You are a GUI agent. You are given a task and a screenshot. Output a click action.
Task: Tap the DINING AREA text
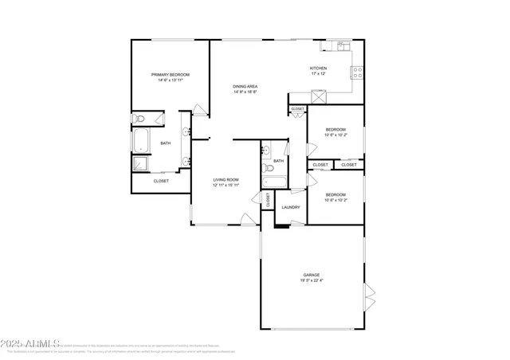245,86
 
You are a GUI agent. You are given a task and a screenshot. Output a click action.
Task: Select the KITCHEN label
319,68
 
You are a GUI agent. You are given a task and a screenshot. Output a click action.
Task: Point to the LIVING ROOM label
226,180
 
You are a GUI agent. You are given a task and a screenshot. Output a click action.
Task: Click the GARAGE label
311,275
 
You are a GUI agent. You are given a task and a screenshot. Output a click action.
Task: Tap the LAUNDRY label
290,207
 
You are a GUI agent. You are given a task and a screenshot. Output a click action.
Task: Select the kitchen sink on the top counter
345,46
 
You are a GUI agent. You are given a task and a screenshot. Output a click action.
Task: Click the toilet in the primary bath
139,119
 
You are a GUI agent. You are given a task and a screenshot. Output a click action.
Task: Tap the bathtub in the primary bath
140,140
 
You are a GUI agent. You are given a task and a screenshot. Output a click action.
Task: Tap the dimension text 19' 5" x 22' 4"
311,280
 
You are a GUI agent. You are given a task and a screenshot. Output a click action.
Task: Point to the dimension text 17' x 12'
319,74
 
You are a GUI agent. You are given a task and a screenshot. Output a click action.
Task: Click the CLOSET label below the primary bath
161,181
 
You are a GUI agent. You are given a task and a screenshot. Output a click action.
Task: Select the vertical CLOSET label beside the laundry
268,201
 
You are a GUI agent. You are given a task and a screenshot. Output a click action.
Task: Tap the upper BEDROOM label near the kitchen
335,129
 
